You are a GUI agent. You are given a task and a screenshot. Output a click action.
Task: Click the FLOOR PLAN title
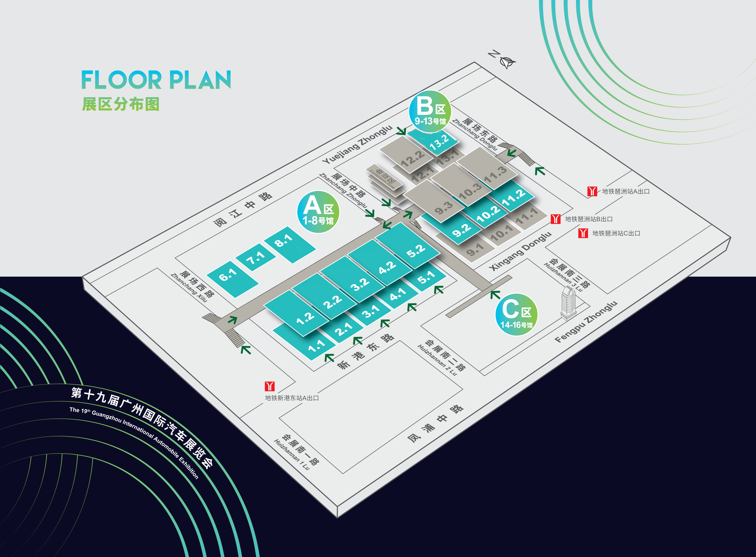tap(156, 80)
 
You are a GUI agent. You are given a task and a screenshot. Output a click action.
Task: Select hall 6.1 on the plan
tap(232, 279)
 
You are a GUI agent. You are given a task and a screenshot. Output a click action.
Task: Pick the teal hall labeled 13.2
tap(433, 141)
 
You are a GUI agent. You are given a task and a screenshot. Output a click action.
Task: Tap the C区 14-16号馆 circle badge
tap(516, 315)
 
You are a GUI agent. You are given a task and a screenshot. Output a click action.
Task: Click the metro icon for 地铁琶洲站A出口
tap(592, 191)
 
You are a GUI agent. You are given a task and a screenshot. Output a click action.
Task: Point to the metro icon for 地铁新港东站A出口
tap(270, 386)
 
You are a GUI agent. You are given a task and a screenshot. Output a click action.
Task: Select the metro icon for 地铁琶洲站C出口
tap(583, 233)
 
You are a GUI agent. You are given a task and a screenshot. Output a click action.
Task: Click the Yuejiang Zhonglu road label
tap(358, 145)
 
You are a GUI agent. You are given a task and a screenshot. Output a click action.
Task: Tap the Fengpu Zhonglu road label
tap(586, 322)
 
